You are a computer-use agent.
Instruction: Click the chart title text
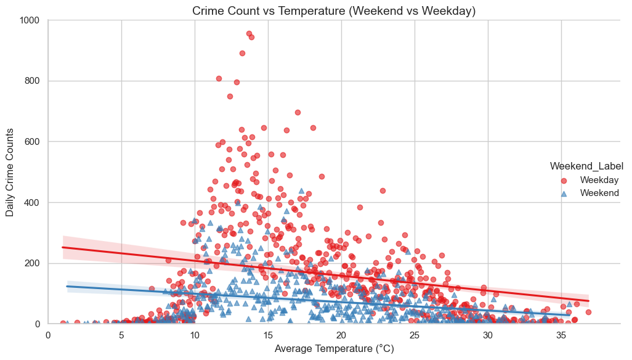pyautogui.click(x=334, y=10)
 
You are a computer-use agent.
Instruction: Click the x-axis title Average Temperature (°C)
pyautogui.click(x=334, y=349)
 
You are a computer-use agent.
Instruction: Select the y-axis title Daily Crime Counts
pyautogui.click(x=10, y=173)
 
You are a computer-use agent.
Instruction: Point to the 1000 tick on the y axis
pyautogui.click(x=30, y=20)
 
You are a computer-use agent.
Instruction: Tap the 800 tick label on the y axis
pyautogui.click(x=33, y=81)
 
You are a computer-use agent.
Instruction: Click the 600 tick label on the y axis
pyautogui.click(x=33, y=142)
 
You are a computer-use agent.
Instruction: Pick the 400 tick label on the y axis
pyautogui.click(x=33, y=202)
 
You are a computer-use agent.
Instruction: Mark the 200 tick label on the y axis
pyautogui.click(x=33, y=263)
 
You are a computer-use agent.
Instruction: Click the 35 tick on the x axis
pyautogui.click(x=561, y=335)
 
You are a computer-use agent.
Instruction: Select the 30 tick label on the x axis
pyautogui.click(x=488, y=335)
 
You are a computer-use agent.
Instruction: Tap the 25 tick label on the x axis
pyautogui.click(x=415, y=335)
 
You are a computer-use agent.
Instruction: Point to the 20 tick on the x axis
pyautogui.click(x=341, y=335)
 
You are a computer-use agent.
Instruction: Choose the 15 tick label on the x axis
pyautogui.click(x=268, y=335)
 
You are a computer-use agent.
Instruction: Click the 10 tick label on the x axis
pyautogui.click(x=195, y=335)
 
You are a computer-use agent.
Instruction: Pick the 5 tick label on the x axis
pyautogui.click(x=121, y=335)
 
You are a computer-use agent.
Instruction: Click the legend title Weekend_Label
pyautogui.click(x=583, y=166)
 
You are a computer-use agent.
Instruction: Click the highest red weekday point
pyautogui.click(x=249, y=33)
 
